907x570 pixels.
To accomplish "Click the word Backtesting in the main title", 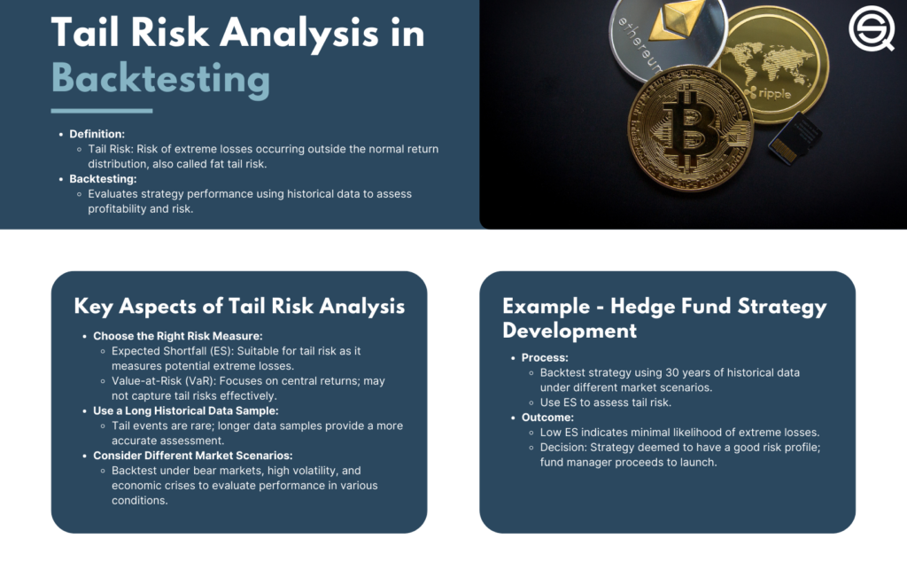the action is [161, 79].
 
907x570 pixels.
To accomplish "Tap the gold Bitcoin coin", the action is [690, 129].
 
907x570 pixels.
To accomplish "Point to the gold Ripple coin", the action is [772, 66].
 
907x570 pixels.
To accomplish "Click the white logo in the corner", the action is [872, 28].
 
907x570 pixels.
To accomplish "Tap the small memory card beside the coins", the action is [795, 137].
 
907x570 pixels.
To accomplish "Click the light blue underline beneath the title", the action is [102, 111].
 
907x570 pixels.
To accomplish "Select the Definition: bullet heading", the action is [97, 134].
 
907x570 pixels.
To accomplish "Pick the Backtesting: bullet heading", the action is [103, 179].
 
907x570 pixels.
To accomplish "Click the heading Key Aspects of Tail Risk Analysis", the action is [239, 306].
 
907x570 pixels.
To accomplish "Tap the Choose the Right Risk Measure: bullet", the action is [177, 336].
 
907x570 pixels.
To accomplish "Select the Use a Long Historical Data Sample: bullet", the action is [186, 410].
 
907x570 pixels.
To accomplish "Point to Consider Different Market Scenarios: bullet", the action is [192, 456].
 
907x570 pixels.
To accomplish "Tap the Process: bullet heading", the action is [545, 357].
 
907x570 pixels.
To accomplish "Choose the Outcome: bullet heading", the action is [547, 418].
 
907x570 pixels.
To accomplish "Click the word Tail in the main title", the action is [84, 32].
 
